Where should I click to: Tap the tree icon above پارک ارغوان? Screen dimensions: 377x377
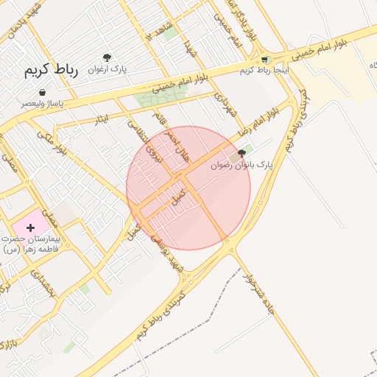(x=108, y=57)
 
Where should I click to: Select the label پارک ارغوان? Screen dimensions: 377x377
(x=108, y=68)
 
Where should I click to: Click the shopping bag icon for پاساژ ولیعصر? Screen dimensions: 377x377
(x=41, y=93)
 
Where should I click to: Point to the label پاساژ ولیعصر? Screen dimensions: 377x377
(x=42, y=104)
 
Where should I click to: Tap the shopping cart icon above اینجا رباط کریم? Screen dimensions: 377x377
(x=264, y=59)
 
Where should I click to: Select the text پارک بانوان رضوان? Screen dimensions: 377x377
(x=242, y=165)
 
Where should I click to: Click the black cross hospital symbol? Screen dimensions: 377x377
(x=30, y=228)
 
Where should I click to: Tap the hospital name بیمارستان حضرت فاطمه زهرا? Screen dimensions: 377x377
(x=30, y=244)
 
